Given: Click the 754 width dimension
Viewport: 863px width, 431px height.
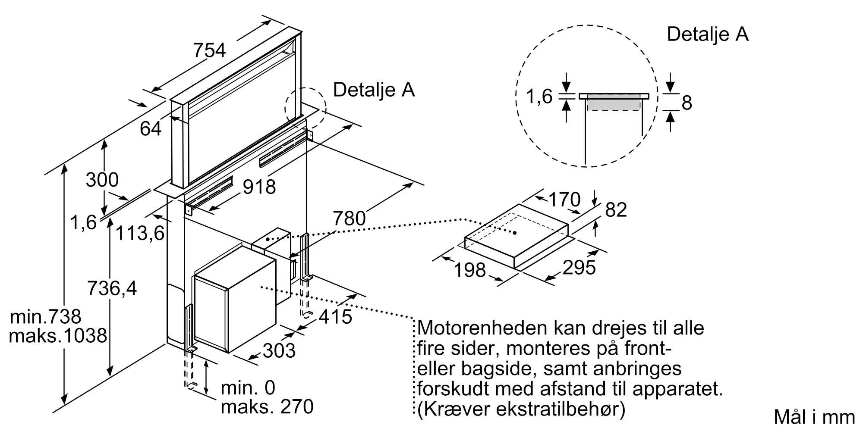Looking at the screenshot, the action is (209, 50).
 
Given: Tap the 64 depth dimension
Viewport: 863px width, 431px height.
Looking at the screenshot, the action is (151, 128).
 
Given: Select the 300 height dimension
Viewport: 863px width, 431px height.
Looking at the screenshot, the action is (102, 180).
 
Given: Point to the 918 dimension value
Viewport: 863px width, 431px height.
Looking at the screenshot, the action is (259, 187).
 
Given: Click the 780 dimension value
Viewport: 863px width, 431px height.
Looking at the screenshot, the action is (349, 219).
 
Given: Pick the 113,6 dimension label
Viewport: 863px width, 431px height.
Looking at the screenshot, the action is (140, 233).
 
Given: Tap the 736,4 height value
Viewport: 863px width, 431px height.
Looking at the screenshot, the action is (112, 288).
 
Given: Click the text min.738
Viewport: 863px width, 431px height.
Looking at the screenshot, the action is (45, 317).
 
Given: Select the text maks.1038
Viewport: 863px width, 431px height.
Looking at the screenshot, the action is (58, 336).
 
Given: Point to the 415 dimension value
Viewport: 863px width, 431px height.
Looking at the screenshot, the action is (336, 317).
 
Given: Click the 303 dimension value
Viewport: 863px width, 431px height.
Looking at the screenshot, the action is (279, 350).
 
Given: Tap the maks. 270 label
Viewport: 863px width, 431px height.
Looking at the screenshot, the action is (267, 407).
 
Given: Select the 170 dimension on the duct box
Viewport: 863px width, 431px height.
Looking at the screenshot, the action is (564, 200).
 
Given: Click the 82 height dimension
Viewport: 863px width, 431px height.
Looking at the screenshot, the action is (616, 210).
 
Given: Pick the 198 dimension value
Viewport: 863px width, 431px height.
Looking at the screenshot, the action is (470, 270).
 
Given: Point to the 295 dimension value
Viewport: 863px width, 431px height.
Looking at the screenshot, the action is (579, 268).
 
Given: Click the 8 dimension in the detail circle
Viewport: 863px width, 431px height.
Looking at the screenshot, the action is (687, 103).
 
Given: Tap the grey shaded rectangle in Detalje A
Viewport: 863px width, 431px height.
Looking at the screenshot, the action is (613, 103).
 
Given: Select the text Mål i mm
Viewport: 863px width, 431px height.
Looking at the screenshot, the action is (814, 417).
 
